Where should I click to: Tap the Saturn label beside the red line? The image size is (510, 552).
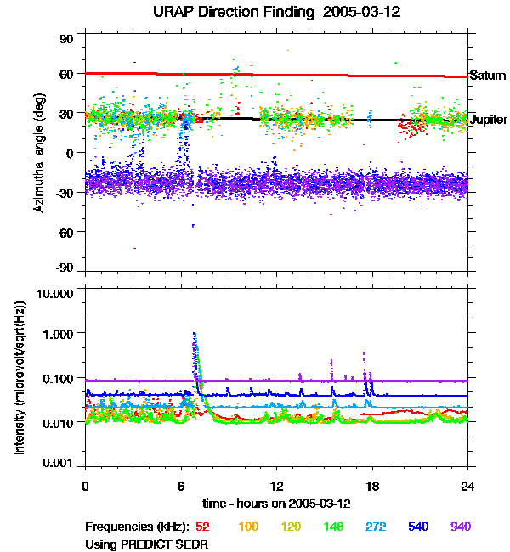point(488,76)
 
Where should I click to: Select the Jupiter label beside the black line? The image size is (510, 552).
point(488,121)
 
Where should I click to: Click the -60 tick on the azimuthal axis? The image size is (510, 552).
point(65,231)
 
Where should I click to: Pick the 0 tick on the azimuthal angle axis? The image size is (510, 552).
point(71,153)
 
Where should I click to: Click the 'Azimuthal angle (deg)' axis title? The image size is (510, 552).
point(39,153)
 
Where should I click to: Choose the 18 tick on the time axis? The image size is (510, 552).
point(371,487)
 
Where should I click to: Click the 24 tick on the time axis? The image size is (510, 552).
point(467,487)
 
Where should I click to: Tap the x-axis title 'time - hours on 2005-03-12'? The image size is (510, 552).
point(277,504)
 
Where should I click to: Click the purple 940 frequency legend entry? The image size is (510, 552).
point(460,527)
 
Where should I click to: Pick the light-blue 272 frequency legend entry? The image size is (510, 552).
point(374,527)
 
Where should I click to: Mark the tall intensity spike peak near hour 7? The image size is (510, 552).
point(195,334)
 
